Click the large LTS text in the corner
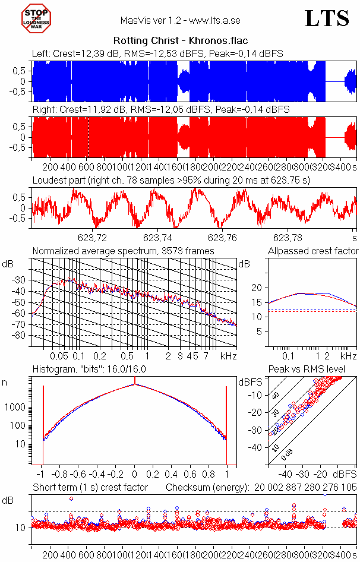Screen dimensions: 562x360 (327, 18)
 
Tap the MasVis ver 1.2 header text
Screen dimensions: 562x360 (180, 20)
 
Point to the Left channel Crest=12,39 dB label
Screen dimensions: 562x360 (157, 53)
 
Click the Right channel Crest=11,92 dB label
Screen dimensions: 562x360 (160, 109)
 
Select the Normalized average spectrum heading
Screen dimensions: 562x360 (123, 251)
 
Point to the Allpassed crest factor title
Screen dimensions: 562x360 (313, 251)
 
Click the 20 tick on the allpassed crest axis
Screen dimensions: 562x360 (257, 288)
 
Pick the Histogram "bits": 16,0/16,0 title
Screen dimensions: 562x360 (89, 370)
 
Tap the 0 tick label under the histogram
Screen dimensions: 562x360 (135, 475)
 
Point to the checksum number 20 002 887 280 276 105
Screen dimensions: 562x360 (305, 488)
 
